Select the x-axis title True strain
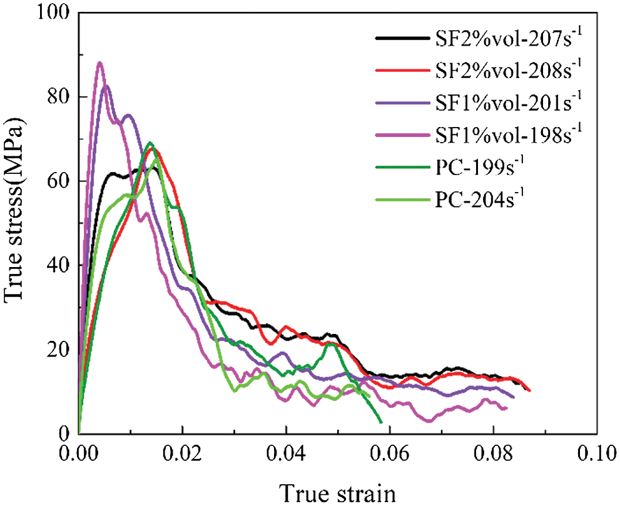pyautogui.click(x=338, y=492)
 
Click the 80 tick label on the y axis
pyautogui.click(x=56, y=98)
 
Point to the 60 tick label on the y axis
pyautogui.click(x=56, y=181)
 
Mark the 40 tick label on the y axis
pyautogui.click(x=56, y=266)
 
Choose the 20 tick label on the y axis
pyautogui.click(x=56, y=350)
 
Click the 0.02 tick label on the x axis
pyautogui.click(x=182, y=452)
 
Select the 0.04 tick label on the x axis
pyautogui.click(x=286, y=452)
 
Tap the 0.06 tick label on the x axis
pyautogui.click(x=390, y=452)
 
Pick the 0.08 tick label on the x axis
pyautogui.click(x=494, y=452)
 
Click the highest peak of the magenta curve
pyautogui.click(x=99, y=63)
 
